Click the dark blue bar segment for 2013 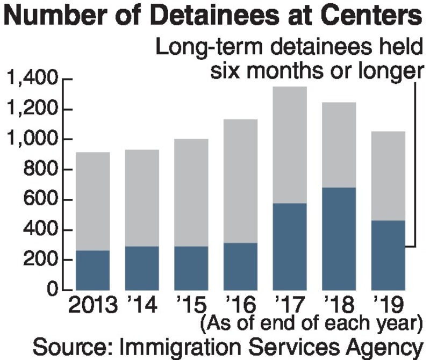click(x=92, y=270)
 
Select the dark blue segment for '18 click(x=339, y=239)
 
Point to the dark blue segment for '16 click(x=240, y=266)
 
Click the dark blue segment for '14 click(x=142, y=268)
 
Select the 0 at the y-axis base click(x=53, y=290)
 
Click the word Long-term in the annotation click(x=205, y=48)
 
